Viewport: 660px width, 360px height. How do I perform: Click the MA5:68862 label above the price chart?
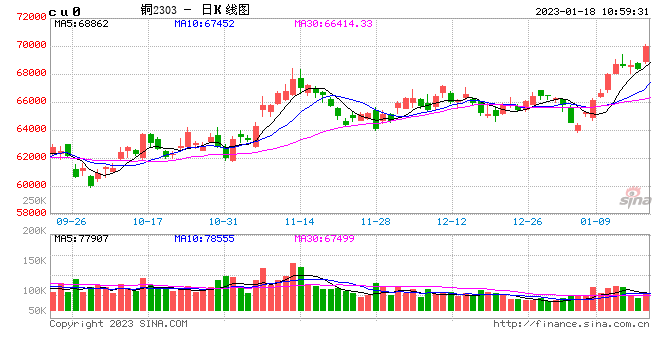pyautogui.click(x=80, y=23)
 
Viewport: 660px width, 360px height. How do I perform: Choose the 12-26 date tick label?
pyautogui.click(x=526, y=221)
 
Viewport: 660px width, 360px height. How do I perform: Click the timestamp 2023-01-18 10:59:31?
pyautogui.click(x=590, y=11)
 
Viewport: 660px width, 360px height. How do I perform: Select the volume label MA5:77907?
pyautogui.click(x=80, y=239)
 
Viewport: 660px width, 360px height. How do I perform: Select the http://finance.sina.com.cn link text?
pyautogui.click(x=571, y=324)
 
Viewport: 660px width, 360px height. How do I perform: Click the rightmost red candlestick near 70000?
pyautogui.click(x=646, y=54)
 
